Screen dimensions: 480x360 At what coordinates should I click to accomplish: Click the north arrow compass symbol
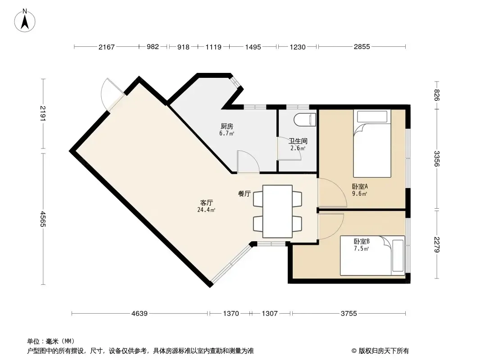coord(25,21)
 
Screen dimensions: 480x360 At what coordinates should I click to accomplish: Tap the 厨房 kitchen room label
coord(227,126)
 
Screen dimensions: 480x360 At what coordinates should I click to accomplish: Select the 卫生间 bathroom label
coord(298,141)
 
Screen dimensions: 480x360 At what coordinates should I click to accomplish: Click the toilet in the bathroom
coord(305,120)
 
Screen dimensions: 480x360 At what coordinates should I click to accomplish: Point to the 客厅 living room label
coord(207,202)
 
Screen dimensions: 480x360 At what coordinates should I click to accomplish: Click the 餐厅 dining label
coord(245,193)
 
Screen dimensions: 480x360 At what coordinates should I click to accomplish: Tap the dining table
coord(277,211)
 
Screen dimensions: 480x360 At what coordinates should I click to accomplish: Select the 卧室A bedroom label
coord(360,186)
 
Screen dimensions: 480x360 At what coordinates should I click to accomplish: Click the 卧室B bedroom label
coord(362,241)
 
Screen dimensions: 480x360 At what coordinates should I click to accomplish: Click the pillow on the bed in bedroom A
coord(372,117)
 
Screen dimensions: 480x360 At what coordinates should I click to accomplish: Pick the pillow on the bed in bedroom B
coord(398,256)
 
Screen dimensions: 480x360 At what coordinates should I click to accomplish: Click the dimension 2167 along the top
coord(107,47)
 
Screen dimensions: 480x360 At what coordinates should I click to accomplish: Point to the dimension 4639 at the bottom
coord(139,314)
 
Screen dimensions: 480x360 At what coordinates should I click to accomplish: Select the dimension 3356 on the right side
coord(437,159)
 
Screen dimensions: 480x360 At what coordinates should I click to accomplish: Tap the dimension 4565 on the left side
coord(43,219)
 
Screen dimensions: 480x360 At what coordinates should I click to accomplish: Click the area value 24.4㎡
coord(206,210)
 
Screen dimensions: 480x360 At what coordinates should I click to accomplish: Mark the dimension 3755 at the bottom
coord(349,314)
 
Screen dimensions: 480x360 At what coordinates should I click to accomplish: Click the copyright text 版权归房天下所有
coord(384,351)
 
